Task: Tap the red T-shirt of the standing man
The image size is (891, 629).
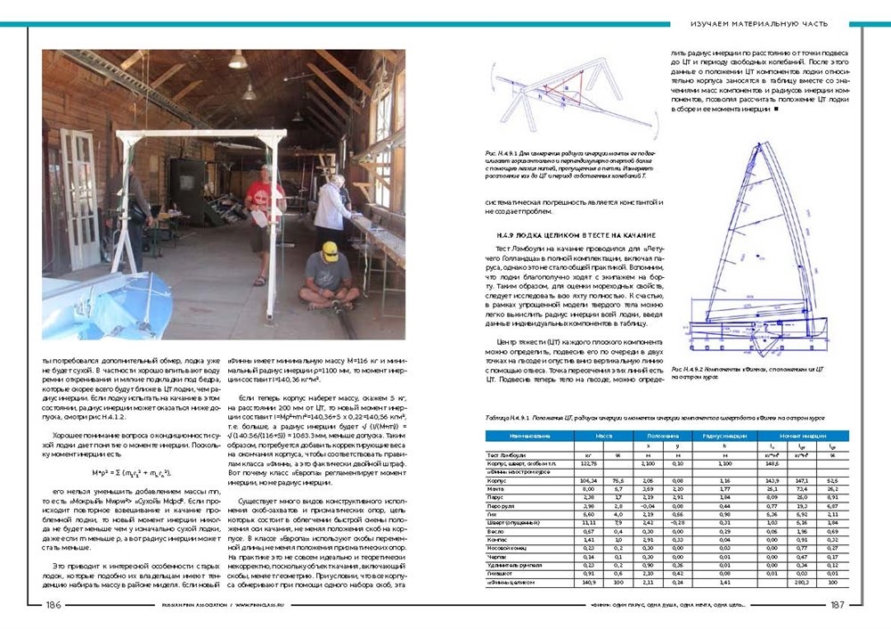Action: pos(264,193)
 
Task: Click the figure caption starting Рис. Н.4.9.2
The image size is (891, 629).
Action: pos(760,371)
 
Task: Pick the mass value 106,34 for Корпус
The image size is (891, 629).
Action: pos(589,479)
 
